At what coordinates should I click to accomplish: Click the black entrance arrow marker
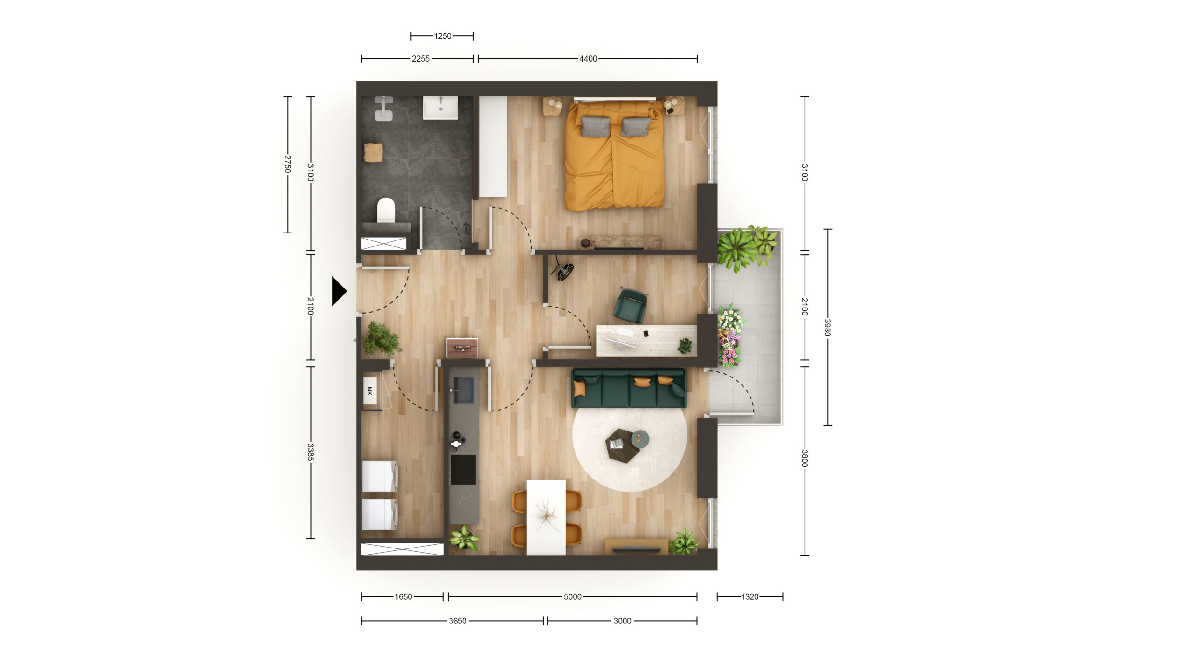point(339,291)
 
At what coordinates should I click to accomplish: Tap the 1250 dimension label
point(442,36)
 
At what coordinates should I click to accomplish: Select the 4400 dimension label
point(588,59)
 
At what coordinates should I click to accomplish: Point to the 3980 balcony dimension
point(827,327)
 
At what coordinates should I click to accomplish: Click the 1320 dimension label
point(750,596)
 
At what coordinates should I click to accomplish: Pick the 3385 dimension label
point(311,452)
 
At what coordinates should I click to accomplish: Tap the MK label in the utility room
point(370,390)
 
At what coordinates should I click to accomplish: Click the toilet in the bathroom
point(386,210)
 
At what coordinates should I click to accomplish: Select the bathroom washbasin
point(441,108)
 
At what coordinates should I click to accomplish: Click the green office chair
point(631,306)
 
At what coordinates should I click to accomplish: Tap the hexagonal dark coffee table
point(622,445)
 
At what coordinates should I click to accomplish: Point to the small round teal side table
point(640,438)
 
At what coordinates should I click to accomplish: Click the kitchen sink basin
point(464,390)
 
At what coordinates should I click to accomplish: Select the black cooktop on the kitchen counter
point(463,469)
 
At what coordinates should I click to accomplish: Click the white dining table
point(546,517)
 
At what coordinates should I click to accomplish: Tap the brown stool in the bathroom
point(373,152)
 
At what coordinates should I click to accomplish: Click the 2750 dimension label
point(287,164)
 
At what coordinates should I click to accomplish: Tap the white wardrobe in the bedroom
point(493,146)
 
